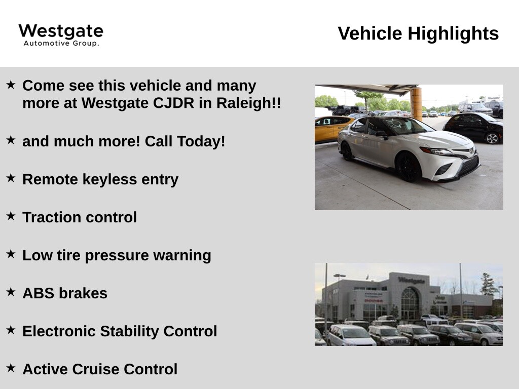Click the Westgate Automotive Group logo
click(61, 35)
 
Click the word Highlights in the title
click(453, 34)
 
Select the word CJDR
click(173, 103)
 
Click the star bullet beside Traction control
click(11, 216)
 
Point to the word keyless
click(109, 179)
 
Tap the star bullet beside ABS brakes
click(11, 292)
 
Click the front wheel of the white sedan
click(409, 167)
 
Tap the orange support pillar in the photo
click(416, 103)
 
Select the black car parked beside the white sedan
click(474, 127)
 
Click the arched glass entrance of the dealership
click(410, 303)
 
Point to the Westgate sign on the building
click(412, 280)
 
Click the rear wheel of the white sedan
click(347, 151)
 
